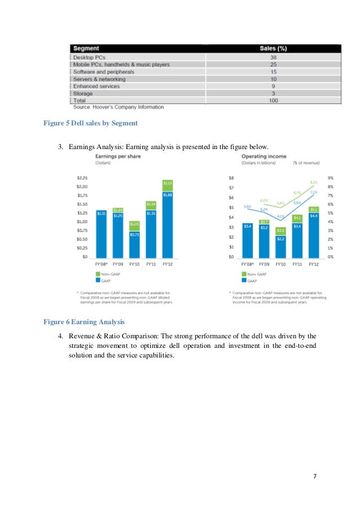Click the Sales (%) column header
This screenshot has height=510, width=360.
point(273,49)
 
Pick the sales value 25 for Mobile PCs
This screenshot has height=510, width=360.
point(273,65)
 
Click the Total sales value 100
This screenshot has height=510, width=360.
point(273,100)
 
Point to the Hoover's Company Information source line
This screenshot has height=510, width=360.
point(118,107)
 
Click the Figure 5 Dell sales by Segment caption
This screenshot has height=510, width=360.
point(90,123)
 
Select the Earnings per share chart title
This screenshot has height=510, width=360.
point(117,156)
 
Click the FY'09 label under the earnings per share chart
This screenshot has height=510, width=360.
point(118,264)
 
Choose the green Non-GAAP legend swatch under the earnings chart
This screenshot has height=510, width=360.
point(98,274)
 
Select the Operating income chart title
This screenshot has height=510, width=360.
point(264,156)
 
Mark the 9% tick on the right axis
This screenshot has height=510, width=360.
point(330,178)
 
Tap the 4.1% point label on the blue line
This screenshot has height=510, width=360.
point(280,216)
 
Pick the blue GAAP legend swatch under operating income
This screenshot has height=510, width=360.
point(244,280)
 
